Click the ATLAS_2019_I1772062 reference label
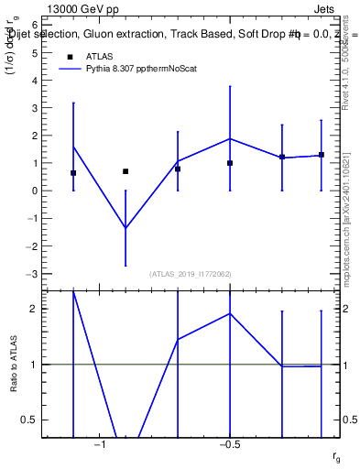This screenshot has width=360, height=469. click(x=191, y=274)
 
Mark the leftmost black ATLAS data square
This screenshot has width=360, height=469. click(x=73, y=173)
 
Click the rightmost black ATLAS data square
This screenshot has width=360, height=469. click(x=322, y=155)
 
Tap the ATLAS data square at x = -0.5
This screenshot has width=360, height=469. click(x=230, y=163)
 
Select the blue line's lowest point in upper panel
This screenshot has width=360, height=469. click(x=125, y=228)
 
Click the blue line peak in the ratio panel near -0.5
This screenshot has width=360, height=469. click(x=230, y=313)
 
